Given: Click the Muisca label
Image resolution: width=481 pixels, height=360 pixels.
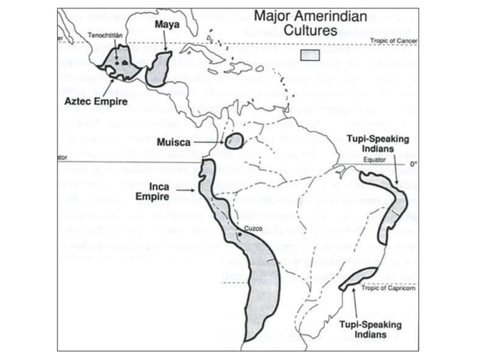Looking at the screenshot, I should point(175,142).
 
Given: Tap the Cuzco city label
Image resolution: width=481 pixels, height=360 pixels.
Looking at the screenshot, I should point(254,227).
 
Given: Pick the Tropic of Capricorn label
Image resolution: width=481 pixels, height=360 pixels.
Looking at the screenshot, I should point(388,288).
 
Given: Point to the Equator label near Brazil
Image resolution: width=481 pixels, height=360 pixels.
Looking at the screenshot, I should point(375,160).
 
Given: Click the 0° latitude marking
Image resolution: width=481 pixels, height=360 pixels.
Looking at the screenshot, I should point(412,163).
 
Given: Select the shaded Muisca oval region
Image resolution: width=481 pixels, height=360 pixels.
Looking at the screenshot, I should point(234,140).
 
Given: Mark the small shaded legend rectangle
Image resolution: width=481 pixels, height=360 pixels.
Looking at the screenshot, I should point(310,55).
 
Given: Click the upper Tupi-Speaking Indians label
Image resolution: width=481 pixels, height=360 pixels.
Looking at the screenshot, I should point(375,145).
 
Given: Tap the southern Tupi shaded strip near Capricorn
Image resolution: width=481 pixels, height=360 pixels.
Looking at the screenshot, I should point(357,278).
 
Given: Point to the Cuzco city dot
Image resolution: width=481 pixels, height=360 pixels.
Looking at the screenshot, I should point(239,234).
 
